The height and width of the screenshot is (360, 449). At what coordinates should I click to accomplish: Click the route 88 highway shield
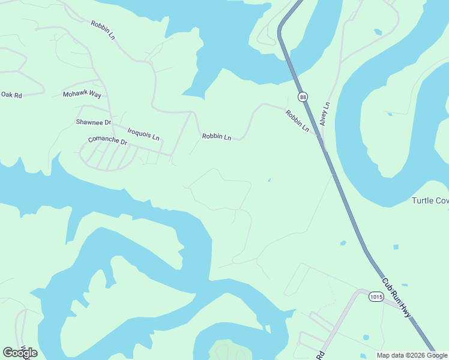tap(303, 97)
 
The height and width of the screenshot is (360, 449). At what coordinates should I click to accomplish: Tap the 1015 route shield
tap(376, 298)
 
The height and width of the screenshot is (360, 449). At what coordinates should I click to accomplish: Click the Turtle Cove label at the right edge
tap(430, 200)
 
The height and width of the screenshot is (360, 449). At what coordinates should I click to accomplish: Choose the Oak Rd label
tap(11, 95)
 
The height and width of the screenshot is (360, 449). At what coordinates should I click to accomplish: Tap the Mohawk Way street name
tap(82, 95)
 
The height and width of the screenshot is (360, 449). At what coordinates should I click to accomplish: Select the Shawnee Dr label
tap(94, 122)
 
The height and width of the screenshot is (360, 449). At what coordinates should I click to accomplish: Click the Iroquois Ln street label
tap(143, 133)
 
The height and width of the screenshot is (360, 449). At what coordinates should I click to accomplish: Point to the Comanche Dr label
tap(108, 142)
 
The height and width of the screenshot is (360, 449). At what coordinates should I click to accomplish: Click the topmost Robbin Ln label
tap(103, 30)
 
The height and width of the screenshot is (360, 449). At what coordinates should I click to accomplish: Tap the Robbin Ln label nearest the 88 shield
tap(297, 121)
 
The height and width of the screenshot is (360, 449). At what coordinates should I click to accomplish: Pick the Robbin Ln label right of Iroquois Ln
tap(216, 137)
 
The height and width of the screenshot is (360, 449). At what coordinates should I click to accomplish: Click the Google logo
tap(20, 353)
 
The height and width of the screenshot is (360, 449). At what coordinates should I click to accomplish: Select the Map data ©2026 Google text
tap(412, 355)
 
